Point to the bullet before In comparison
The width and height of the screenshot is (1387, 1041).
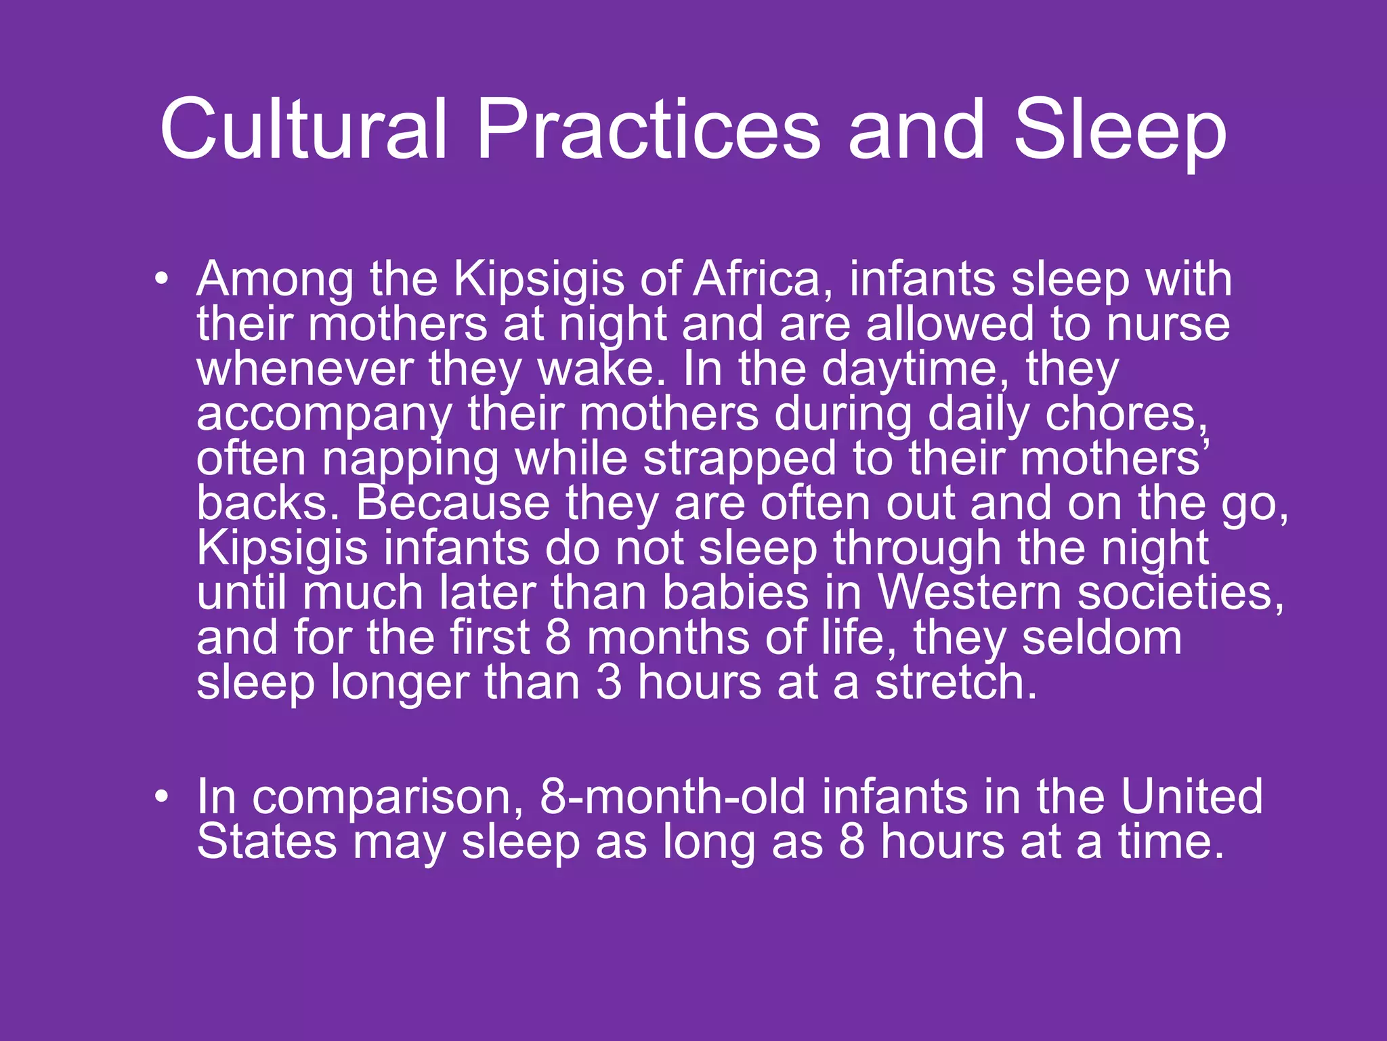tap(161, 796)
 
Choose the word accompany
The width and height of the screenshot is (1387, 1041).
tap(324, 415)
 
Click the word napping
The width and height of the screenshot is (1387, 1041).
tap(410, 460)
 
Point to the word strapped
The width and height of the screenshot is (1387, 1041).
tap(740, 460)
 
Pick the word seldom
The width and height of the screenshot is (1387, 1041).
tap(1102, 637)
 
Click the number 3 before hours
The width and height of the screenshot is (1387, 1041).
tap(609, 682)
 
